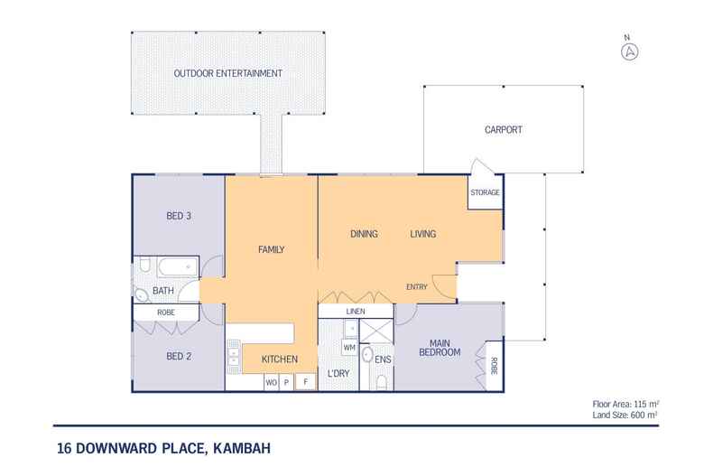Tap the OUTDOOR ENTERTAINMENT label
227,73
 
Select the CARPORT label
503,129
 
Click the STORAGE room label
485,193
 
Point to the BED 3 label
179,217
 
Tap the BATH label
162,291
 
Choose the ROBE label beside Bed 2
165,313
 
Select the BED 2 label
178,356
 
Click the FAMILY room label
271,249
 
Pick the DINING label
363,234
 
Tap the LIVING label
422,234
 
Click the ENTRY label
416,287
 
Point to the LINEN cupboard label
355,313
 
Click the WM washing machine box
348,347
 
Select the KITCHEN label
280,360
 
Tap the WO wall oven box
270,382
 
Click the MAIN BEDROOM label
440,347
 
